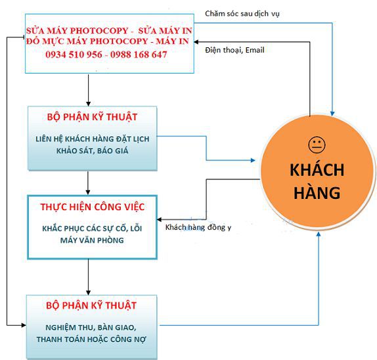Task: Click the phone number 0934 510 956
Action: point(73,55)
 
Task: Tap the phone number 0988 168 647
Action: point(135,55)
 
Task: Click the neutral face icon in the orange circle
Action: point(316,144)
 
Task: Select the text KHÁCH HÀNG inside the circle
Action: point(317,181)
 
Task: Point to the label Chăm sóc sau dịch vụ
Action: point(242,13)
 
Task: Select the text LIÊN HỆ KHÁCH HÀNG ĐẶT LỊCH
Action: point(91,139)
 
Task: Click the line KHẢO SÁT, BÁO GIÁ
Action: point(91,150)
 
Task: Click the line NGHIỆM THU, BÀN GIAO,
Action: point(91,326)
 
